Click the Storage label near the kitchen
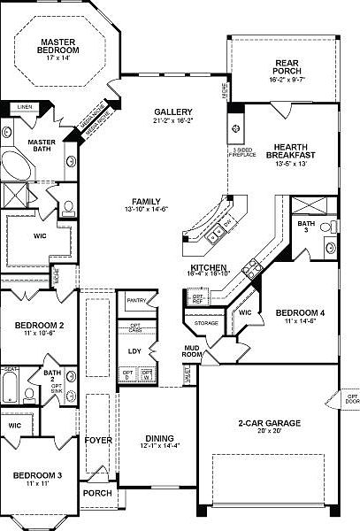click(x=206, y=324)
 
